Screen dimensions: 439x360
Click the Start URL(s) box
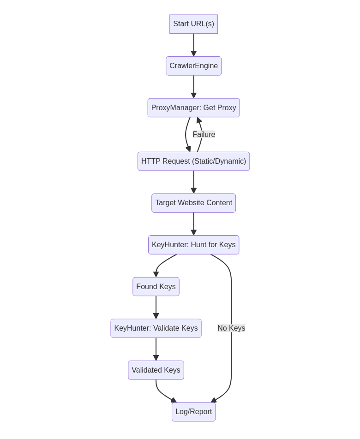(193, 24)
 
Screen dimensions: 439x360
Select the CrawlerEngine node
(193, 66)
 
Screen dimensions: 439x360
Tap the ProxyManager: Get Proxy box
(193, 107)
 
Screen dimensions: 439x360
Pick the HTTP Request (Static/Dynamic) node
(193, 161)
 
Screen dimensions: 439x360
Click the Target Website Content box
(193, 203)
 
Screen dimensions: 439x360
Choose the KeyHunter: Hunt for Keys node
(193, 245)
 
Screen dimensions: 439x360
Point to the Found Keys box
(156, 286)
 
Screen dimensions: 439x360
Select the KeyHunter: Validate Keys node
(156, 328)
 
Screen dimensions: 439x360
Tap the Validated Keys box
(156, 370)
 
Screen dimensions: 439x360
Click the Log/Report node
(193, 412)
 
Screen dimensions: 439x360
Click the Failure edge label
(204, 135)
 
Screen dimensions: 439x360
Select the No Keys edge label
(231, 328)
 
